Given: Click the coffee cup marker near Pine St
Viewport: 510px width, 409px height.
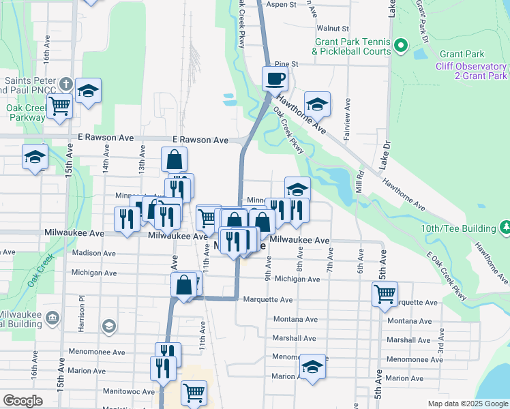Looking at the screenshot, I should coord(275,78).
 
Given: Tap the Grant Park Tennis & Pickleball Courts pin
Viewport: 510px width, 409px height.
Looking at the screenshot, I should coord(401,46).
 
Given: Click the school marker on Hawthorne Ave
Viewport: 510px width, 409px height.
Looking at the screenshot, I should coord(317,104).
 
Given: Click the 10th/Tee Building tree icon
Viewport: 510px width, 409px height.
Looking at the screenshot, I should coord(505,226).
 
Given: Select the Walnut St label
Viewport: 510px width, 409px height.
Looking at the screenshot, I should coord(333,29).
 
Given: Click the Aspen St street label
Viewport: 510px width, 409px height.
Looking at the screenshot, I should coord(282,4).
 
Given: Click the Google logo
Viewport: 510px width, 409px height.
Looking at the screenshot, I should coord(22,401).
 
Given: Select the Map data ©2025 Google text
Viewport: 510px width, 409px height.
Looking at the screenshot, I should coord(467,404).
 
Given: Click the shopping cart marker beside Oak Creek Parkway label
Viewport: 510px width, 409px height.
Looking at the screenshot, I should coord(60,106).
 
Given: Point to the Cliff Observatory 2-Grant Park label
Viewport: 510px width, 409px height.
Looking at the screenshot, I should coord(472,71).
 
